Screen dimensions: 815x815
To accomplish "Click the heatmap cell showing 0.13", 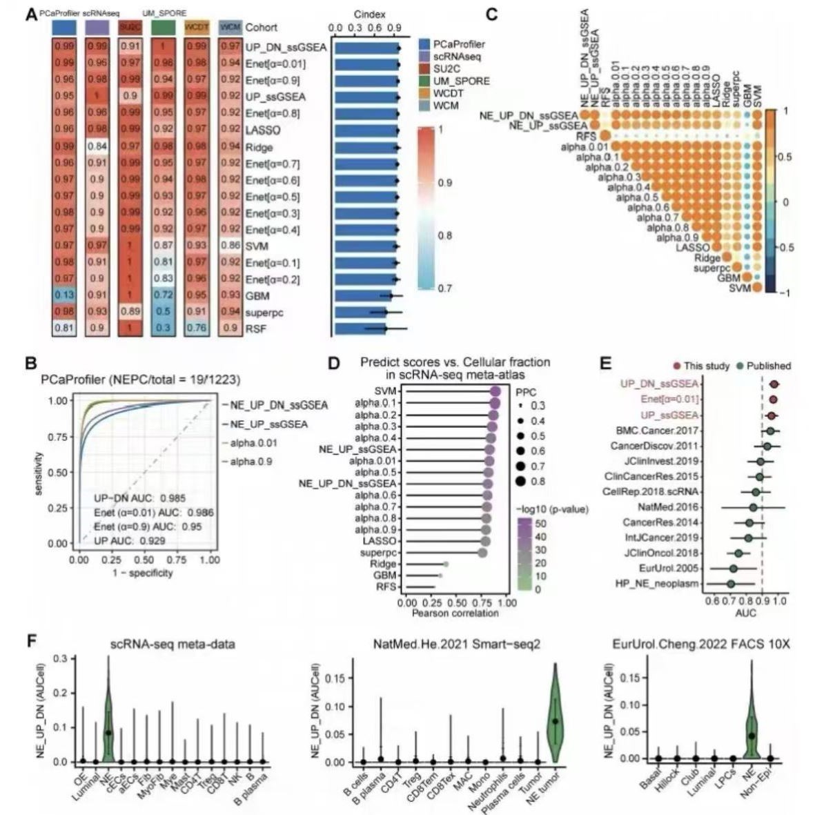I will [x=64, y=296].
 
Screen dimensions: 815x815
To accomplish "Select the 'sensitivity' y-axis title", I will [x=41, y=473].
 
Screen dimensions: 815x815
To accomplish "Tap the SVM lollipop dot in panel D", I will [x=495, y=391].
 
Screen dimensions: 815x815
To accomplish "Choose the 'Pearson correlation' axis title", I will [x=455, y=612].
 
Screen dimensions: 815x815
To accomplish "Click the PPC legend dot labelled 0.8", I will [x=519, y=481].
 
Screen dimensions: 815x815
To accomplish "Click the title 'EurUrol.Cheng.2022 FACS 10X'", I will [x=700, y=645].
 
